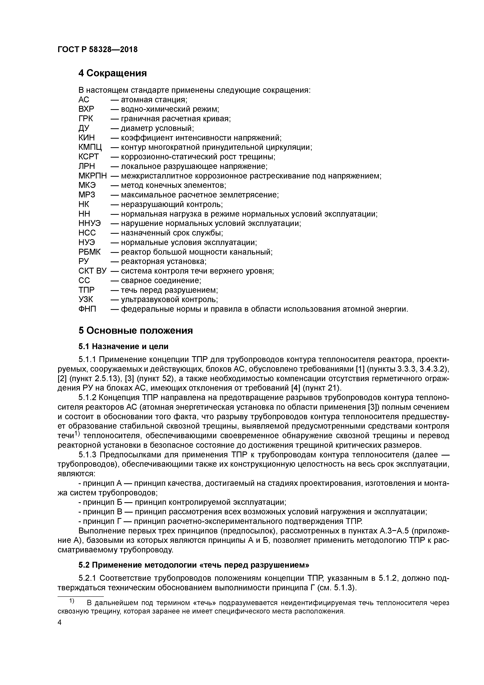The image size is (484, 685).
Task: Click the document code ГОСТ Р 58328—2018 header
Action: tap(98, 50)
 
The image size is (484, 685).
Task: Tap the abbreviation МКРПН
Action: tap(93, 176)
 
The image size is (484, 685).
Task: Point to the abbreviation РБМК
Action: tap(89, 252)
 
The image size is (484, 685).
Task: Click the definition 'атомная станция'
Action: tap(154, 100)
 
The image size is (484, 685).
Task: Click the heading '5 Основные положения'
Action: tap(136, 331)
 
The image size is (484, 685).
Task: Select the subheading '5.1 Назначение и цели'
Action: tap(124, 346)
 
